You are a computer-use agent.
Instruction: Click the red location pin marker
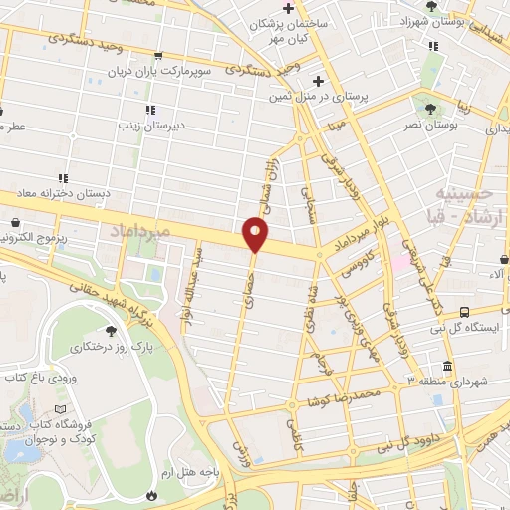click(x=256, y=235)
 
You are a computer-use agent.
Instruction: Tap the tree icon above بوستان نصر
click(x=429, y=108)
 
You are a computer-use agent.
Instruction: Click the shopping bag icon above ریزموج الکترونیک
click(x=16, y=223)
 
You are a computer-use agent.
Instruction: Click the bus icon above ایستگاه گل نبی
click(x=466, y=311)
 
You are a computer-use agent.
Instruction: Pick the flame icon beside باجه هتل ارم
click(x=151, y=494)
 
